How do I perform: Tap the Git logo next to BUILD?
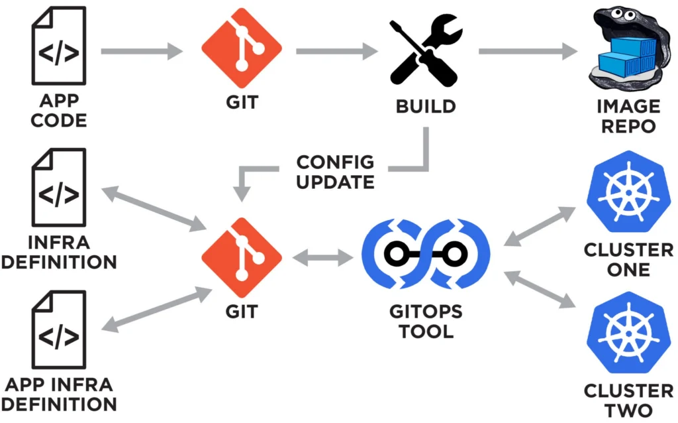(242, 50)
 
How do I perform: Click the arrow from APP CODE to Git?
(141, 50)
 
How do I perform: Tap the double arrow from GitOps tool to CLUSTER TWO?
(540, 288)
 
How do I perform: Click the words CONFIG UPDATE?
(336, 171)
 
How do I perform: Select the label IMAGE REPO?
(628, 115)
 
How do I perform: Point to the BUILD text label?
(425, 105)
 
